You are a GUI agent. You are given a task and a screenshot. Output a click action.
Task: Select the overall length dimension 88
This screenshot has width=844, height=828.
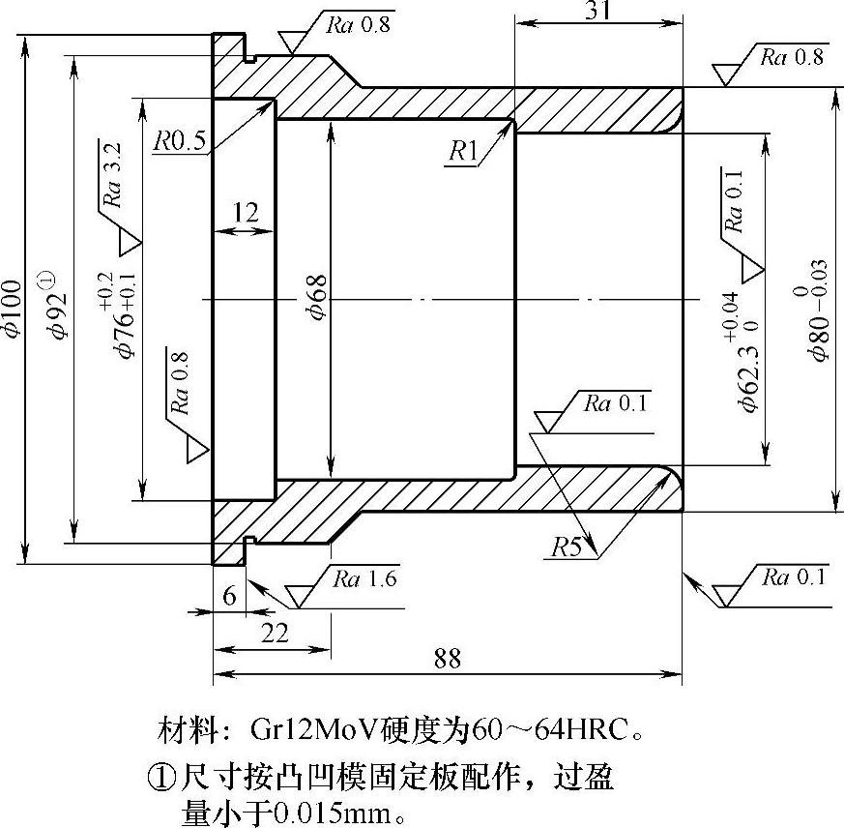click(447, 658)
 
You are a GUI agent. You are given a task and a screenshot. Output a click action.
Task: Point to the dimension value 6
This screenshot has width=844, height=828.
click(229, 596)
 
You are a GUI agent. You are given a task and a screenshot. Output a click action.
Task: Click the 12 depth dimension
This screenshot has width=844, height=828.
click(246, 213)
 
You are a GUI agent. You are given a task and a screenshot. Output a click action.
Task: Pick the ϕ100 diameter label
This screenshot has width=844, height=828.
click(11, 308)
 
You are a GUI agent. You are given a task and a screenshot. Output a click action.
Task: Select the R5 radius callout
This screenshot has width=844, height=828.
click(568, 547)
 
